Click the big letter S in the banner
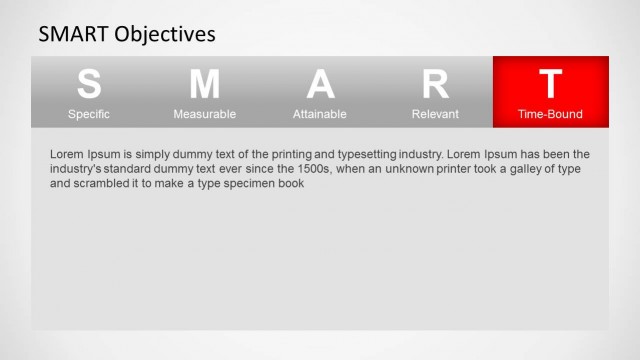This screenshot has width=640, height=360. (x=89, y=84)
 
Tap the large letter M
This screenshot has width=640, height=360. (x=204, y=84)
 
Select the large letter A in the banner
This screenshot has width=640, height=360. (x=320, y=84)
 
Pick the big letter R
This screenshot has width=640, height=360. (x=435, y=84)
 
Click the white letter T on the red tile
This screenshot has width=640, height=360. (x=550, y=84)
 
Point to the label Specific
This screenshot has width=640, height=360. (x=89, y=114)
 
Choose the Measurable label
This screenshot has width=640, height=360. (x=204, y=114)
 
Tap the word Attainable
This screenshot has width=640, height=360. (x=320, y=114)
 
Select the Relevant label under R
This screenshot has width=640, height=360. (x=435, y=114)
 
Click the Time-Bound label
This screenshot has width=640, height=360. (x=550, y=114)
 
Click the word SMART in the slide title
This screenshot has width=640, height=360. (x=73, y=34)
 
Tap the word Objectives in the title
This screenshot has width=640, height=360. (x=165, y=34)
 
